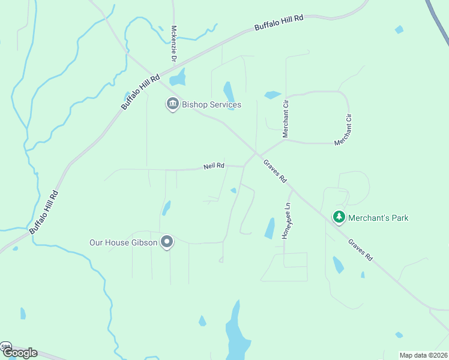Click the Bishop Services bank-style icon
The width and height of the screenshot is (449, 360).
[172, 104]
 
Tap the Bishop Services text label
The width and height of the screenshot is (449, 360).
[211, 105]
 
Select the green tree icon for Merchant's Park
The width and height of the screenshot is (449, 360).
[339, 217]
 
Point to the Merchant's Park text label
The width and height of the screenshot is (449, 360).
[379, 218]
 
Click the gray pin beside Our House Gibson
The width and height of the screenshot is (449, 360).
[167, 242]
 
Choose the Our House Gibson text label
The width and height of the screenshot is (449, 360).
[123, 242]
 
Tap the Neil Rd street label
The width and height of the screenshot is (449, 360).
[214, 166]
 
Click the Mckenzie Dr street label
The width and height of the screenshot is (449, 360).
[174, 44]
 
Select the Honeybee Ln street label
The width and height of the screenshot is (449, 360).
[288, 221]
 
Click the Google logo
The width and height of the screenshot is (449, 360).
[19, 353]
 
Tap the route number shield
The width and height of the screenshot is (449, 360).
[5, 347]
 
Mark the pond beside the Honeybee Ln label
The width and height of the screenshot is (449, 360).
[270, 228]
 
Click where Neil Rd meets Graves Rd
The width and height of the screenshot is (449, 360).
[244, 166]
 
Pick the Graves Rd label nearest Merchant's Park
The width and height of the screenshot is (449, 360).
[360, 250]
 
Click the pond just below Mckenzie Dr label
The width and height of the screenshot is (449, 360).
[178, 79]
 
